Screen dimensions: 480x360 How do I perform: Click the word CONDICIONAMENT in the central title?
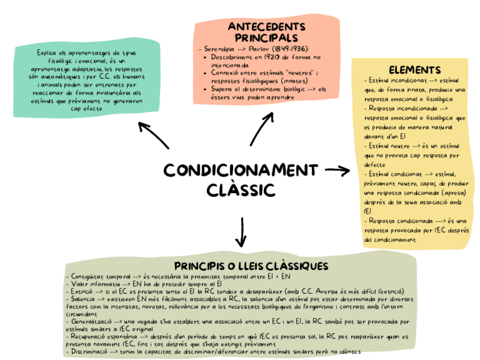[x=241, y=170]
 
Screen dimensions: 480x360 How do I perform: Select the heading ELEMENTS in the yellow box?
[x=415, y=70]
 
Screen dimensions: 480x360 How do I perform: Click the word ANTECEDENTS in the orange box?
[x=266, y=27]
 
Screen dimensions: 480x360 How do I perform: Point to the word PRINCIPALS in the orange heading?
[x=266, y=37]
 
